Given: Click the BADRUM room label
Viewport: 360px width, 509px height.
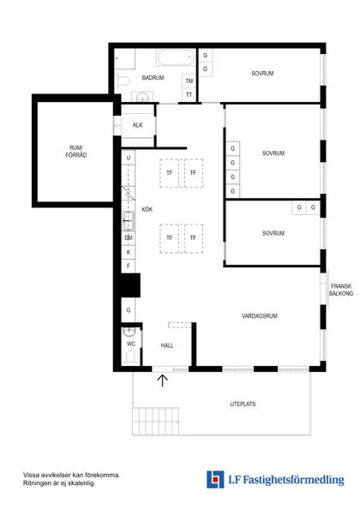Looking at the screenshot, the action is click(x=153, y=78).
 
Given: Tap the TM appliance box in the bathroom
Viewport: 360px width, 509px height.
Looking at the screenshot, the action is click(x=189, y=81).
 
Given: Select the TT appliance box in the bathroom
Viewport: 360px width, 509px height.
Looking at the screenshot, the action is click(x=189, y=95).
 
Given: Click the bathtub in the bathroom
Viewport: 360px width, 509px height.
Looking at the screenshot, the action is click(x=176, y=57).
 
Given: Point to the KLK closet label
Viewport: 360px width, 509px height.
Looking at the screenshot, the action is click(x=138, y=125).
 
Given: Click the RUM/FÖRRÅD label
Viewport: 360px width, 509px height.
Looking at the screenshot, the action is click(x=76, y=152).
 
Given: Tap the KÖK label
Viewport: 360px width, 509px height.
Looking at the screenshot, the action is click(x=147, y=210).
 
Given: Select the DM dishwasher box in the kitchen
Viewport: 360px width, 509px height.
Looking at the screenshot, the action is click(x=129, y=238).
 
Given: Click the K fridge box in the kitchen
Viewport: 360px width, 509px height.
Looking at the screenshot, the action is click(x=129, y=252).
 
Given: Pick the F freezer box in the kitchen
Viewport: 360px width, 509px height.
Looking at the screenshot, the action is click(x=129, y=266).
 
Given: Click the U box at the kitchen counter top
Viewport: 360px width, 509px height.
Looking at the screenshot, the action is click(x=129, y=158).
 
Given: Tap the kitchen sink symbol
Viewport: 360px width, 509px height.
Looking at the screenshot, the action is click(x=129, y=221).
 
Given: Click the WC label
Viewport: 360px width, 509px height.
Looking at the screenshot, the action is click(x=131, y=344).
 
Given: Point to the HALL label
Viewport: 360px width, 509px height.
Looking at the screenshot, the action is click(x=167, y=345).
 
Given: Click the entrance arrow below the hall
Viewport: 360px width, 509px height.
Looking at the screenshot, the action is click(x=163, y=380).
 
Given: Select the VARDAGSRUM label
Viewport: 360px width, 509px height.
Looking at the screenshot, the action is click(x=260, y=316).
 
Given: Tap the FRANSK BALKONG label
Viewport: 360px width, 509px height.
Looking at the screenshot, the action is click(x=341, y=290).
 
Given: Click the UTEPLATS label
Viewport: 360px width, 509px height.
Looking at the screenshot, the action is click(x=243, y=404).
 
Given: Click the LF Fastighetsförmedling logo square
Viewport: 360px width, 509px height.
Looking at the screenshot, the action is click(x=215, y=480).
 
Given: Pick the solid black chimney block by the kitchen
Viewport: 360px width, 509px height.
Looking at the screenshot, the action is click(x=130, y=285).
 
